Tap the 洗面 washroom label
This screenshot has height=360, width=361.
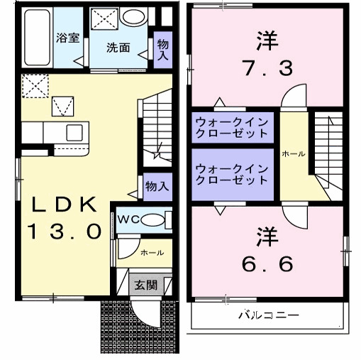[x=118, y=48]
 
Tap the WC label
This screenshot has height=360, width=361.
[x=128, y=219]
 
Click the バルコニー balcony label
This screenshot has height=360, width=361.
[x=268, y=315]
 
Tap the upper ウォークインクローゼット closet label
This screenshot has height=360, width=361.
[x=232, y=126]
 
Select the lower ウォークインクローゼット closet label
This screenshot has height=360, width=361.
[x=232, y=174]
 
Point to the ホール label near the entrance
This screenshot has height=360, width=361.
[x=151, y=252]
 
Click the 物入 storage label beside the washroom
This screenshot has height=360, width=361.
[x=164, y=49]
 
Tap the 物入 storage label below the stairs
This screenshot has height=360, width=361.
[x=157, y=186]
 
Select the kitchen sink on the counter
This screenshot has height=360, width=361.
[x=74, y=131]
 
